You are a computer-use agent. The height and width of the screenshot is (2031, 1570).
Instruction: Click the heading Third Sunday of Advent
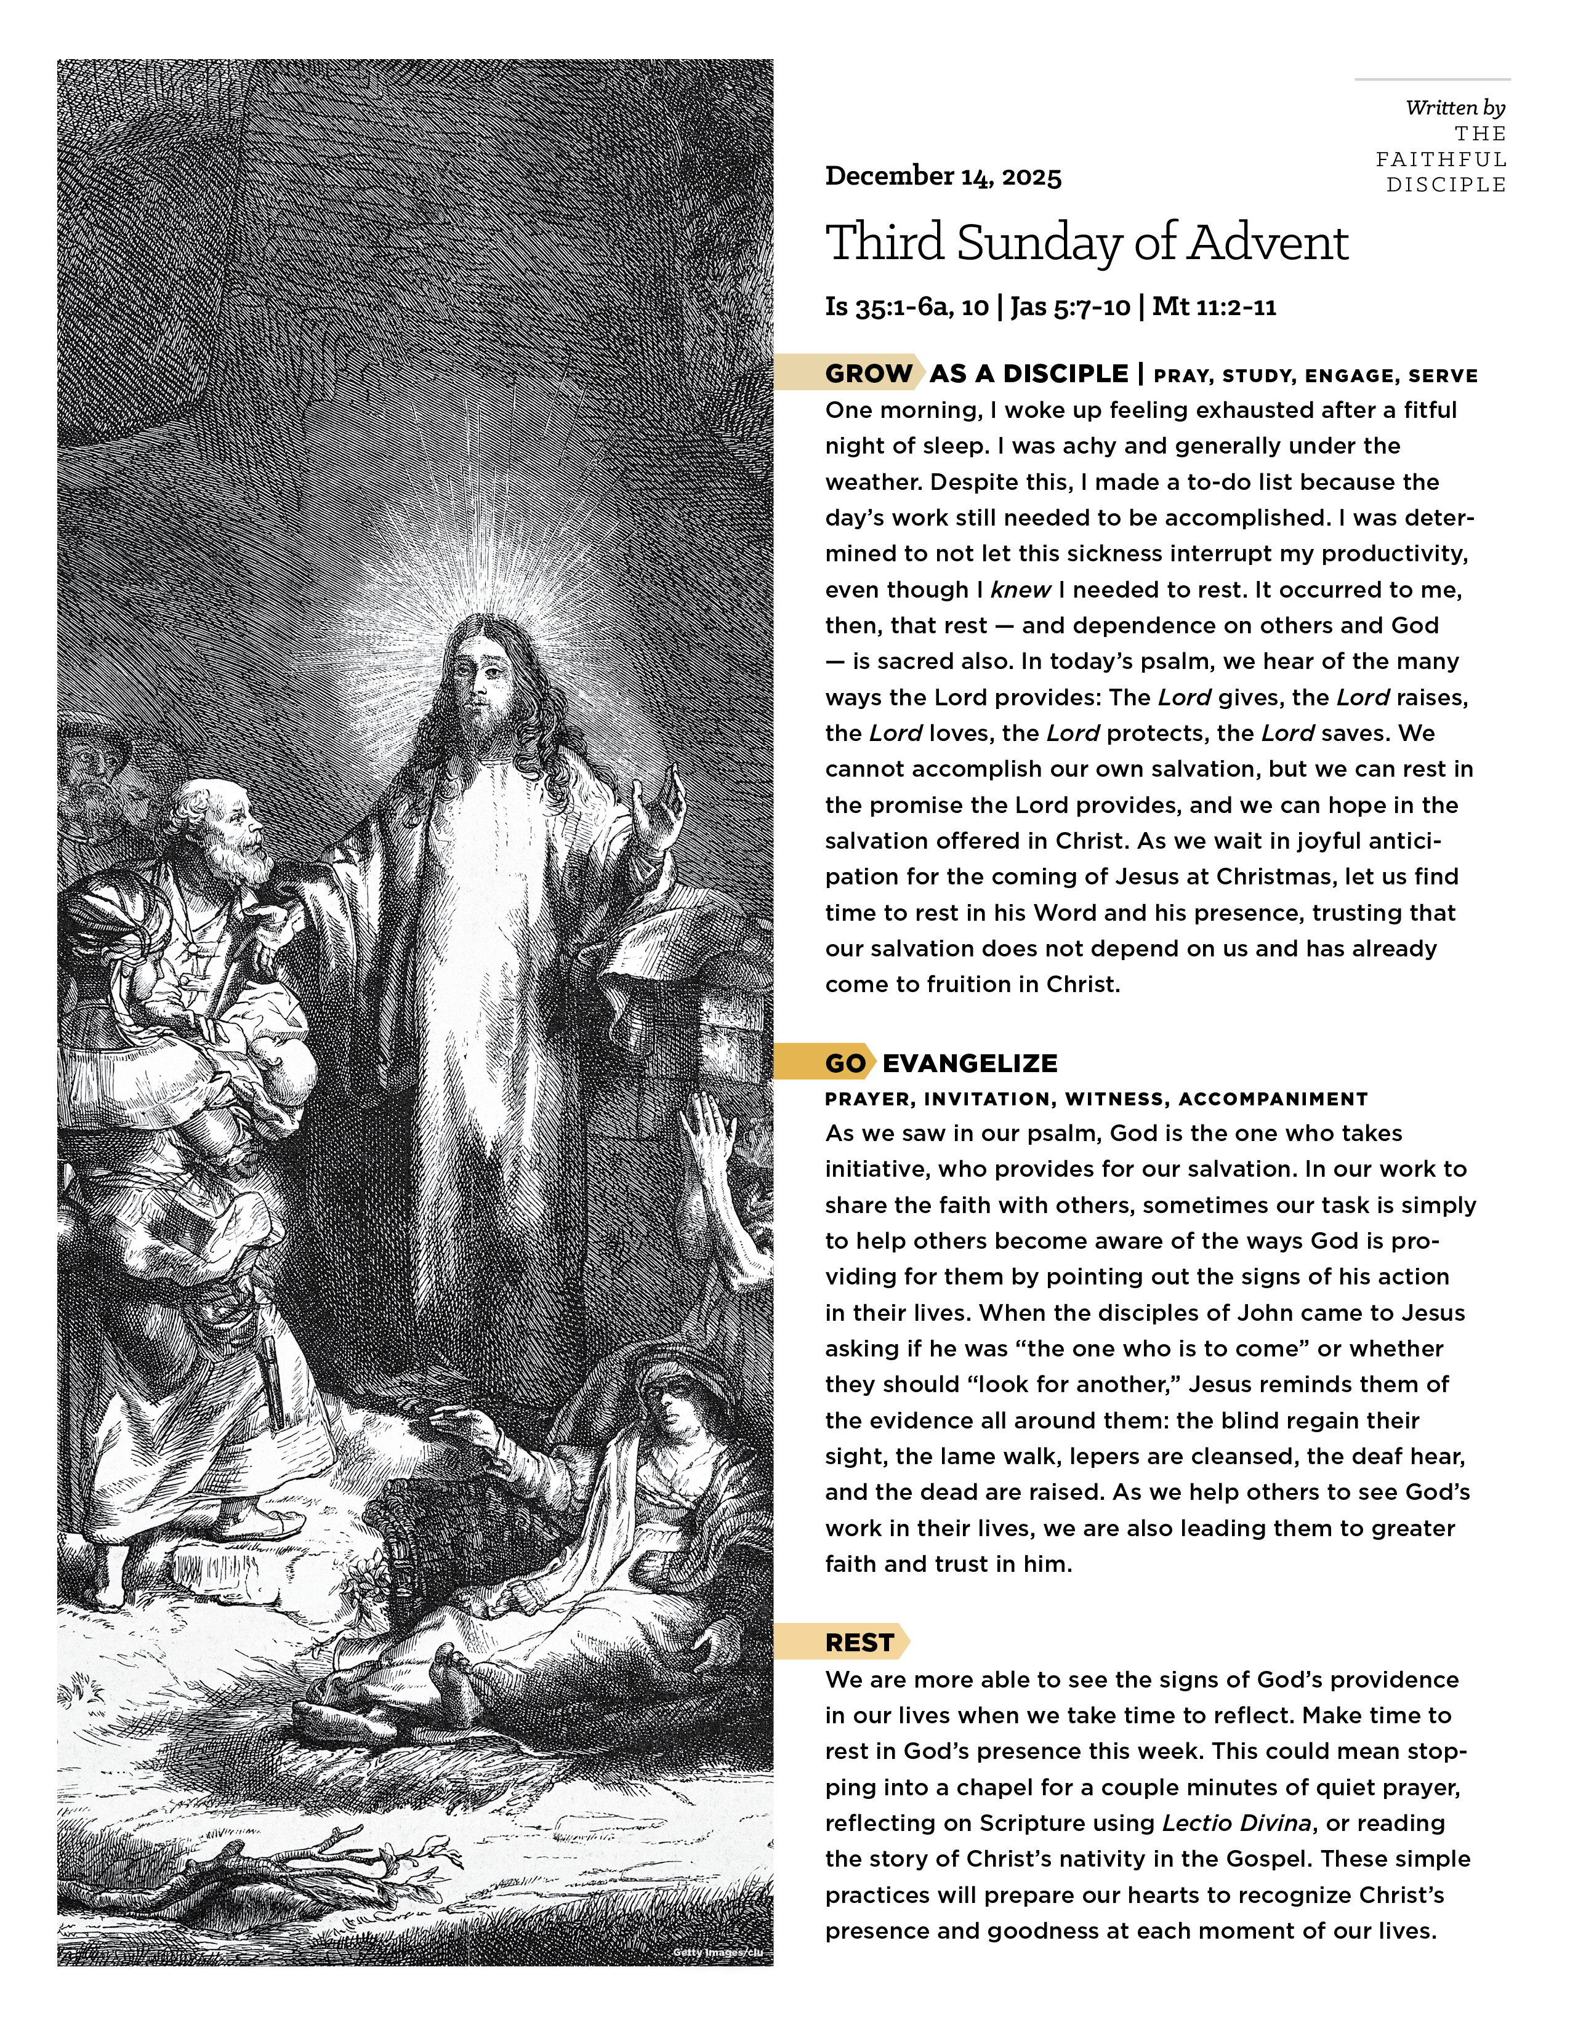click(x=1086, y=242)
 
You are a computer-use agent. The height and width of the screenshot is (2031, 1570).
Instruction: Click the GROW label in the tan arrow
click(x=868, y=374)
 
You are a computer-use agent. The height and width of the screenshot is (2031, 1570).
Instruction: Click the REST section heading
click(x=858, y=1642)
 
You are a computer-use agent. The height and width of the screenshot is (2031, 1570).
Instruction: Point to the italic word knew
click(x=1020, y=590)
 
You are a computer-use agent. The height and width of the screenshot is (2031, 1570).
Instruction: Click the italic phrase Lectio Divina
click(x=1236, y=1823)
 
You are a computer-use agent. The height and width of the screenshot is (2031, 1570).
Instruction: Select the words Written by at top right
click(x=1455, y=108)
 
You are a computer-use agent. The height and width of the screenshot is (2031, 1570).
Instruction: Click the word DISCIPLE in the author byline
click(x=1446, y=185)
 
